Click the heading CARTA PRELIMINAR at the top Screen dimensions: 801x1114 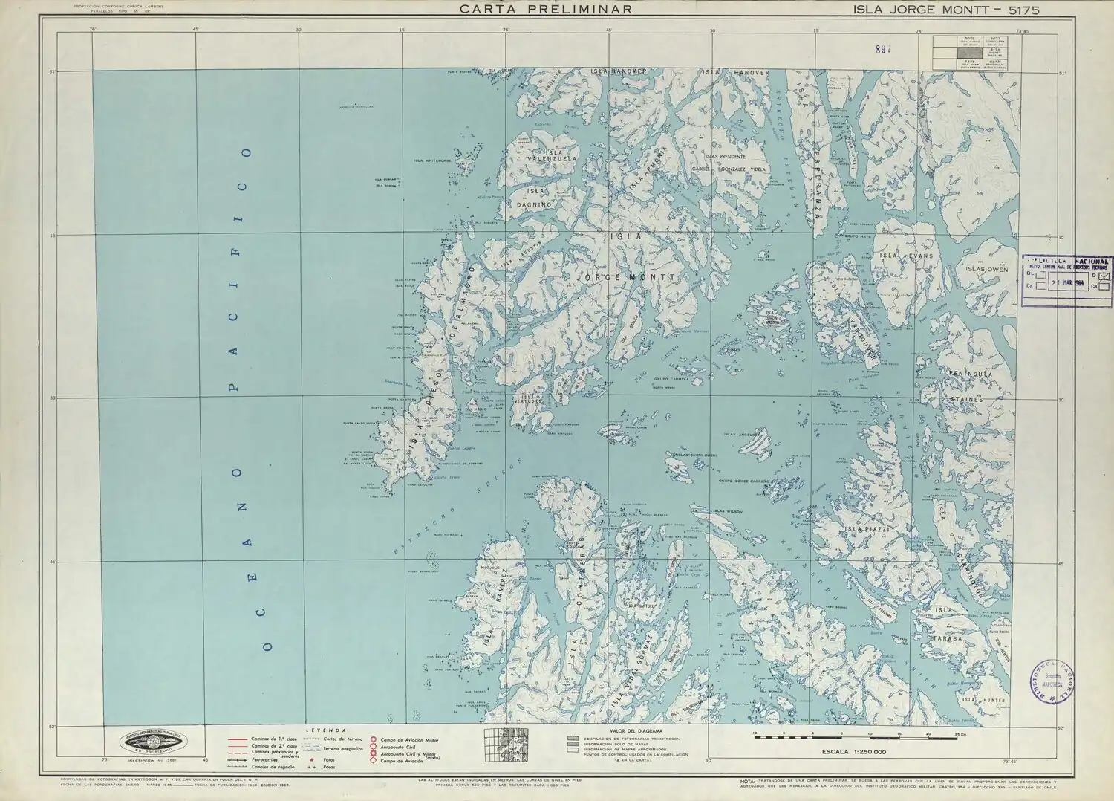pyautogui.click(x=545, y=10)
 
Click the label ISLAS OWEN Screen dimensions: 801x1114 pyautogui.click(x=991, y=270)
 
